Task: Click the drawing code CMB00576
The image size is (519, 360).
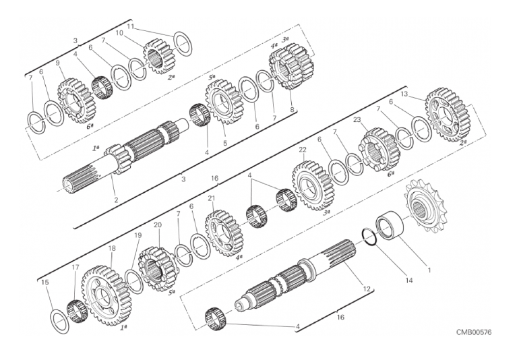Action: coord(475,332)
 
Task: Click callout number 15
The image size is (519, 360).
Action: coord(45,282)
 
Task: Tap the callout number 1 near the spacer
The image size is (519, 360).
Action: coord(429,270)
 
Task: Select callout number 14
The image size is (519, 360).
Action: coord(409,280)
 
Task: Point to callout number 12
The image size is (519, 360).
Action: coord(367,289)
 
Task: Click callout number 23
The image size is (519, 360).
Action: coord(357,120)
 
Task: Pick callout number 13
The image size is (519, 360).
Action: coord(404,94)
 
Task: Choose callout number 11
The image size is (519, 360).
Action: coord(131,26)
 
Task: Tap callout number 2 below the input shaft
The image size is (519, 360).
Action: coord(116,200)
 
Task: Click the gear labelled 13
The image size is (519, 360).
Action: coord(446,114)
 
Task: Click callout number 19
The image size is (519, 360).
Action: coord(138,235)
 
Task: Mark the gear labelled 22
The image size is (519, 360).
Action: coord(313,186)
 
